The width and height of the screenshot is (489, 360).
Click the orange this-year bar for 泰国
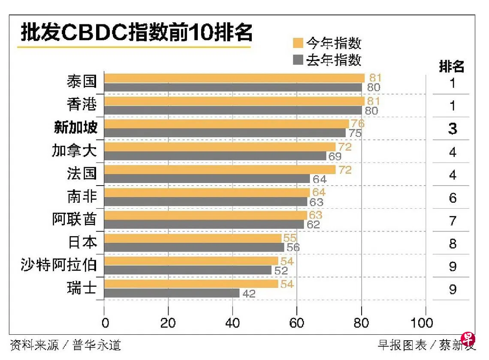(234, 78)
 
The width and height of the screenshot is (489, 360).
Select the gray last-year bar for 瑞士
(172, 293)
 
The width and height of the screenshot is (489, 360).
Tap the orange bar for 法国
(220, 170)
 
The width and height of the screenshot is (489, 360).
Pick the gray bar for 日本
(194, 247)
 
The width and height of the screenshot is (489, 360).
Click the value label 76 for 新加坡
(357, 124)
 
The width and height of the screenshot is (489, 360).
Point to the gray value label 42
(249, 294)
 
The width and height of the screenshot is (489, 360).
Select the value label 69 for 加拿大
(335, 156)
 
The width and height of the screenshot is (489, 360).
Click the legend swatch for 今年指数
(298, 43)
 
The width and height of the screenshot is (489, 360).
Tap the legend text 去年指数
(334, 60)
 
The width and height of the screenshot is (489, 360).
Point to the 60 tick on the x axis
(297, 323)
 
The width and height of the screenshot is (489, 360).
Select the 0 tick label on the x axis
(105, 323)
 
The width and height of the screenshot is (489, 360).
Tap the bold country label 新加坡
(75, 127)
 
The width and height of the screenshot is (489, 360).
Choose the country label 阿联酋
(74, 219)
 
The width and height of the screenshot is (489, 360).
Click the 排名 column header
(452, 66)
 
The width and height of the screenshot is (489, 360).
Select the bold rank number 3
(453, 129)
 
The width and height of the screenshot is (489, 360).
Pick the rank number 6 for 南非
(453, 198)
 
